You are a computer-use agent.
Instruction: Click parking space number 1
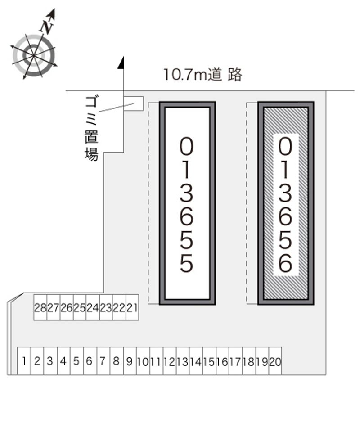(24, 361)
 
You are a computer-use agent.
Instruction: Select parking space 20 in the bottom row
(275, 361)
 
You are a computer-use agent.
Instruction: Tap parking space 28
(40, 307)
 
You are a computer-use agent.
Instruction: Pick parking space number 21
(132, 307)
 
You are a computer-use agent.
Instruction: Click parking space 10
(143, 361)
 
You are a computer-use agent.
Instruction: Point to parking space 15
(209, 361)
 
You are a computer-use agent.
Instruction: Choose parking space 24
(93, 307)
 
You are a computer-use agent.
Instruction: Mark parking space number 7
(103, 361)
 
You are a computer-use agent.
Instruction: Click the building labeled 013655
(187, 203)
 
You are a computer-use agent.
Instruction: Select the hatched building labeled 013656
(286, 203)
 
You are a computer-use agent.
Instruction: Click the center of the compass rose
(33, 55)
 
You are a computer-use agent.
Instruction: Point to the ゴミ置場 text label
(91, 128)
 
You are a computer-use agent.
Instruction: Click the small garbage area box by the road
(133, 103)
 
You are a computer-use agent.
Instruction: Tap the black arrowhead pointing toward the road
(121, 63)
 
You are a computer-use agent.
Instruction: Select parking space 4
(63, 361)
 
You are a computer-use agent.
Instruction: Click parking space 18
(249, 361)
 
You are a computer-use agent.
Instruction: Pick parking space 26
(67, 307)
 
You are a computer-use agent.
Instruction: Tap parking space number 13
(183, 361)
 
